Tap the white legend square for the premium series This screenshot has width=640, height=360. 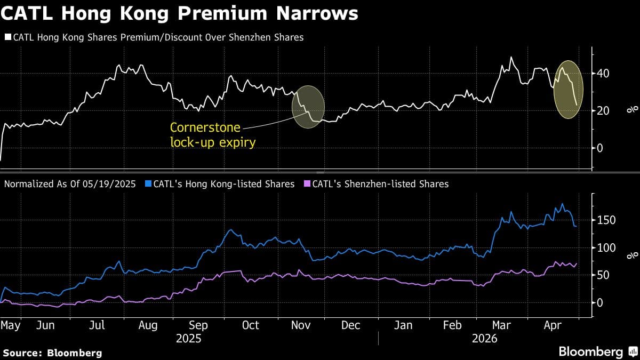coord(7,37)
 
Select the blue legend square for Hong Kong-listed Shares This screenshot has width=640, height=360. coord(147,184)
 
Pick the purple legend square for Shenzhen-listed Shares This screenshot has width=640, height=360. coord(306,184)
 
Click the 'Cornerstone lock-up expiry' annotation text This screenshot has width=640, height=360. coord(205,134)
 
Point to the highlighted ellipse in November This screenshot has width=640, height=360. coord(308,107)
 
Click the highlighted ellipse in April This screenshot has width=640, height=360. coord(569,89)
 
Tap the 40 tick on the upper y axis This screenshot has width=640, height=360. coord(603,73)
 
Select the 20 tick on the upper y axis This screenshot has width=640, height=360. coord(603,110)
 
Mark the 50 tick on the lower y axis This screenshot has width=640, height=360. coord(603,275)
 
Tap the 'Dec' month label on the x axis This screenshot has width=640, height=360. coord(351,325)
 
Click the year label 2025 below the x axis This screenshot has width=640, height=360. coord(189,338)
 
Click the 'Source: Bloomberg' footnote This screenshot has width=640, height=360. coord(52,353)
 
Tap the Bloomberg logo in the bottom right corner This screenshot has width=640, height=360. coord(597,351)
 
